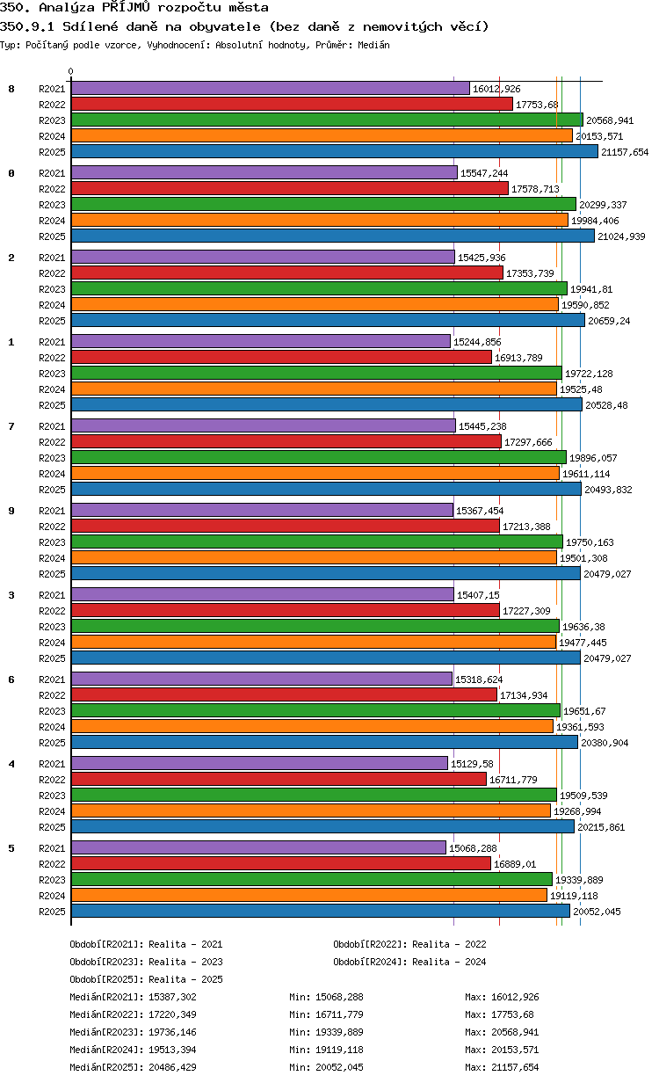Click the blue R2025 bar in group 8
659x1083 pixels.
[x=334, y=152]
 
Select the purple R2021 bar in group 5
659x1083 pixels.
[x=258, y=847]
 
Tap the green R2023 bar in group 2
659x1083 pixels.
[x=319, y=288]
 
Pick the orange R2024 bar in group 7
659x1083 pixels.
[x=315, y=473]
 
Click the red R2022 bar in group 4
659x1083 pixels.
[x=279, y=779]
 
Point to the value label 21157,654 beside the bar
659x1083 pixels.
[x=625, y=152]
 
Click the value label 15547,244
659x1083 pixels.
[x=484, y=173]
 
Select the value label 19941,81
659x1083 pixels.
[x=591, y=289]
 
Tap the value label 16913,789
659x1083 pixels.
[x=518, y=358]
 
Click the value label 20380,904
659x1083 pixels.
[x=605, y=743]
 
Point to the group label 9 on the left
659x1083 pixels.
[x=11, y=511]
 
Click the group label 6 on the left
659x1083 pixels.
[x=11, y=680]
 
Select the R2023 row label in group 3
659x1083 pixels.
[x=52, y=627]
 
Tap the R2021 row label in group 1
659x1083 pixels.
[x=52, y=342]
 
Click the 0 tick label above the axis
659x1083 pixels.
[x=71, y=71]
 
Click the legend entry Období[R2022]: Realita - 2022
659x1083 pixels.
[x=409, y=944]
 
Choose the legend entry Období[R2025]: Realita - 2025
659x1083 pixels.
[x=147, y=979]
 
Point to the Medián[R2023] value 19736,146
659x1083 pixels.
[x=172, y=1032]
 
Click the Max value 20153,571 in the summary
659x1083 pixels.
[x=515, y=1050]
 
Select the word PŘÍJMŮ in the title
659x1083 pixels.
[x=126, y=7]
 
